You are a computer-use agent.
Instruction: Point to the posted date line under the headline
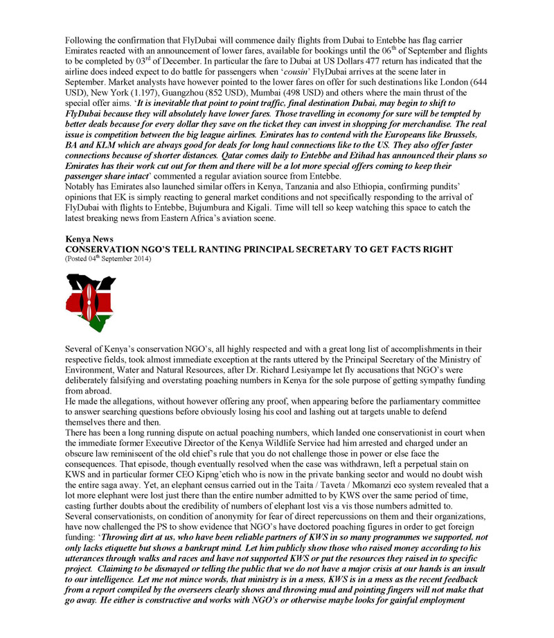pos(107,258)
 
